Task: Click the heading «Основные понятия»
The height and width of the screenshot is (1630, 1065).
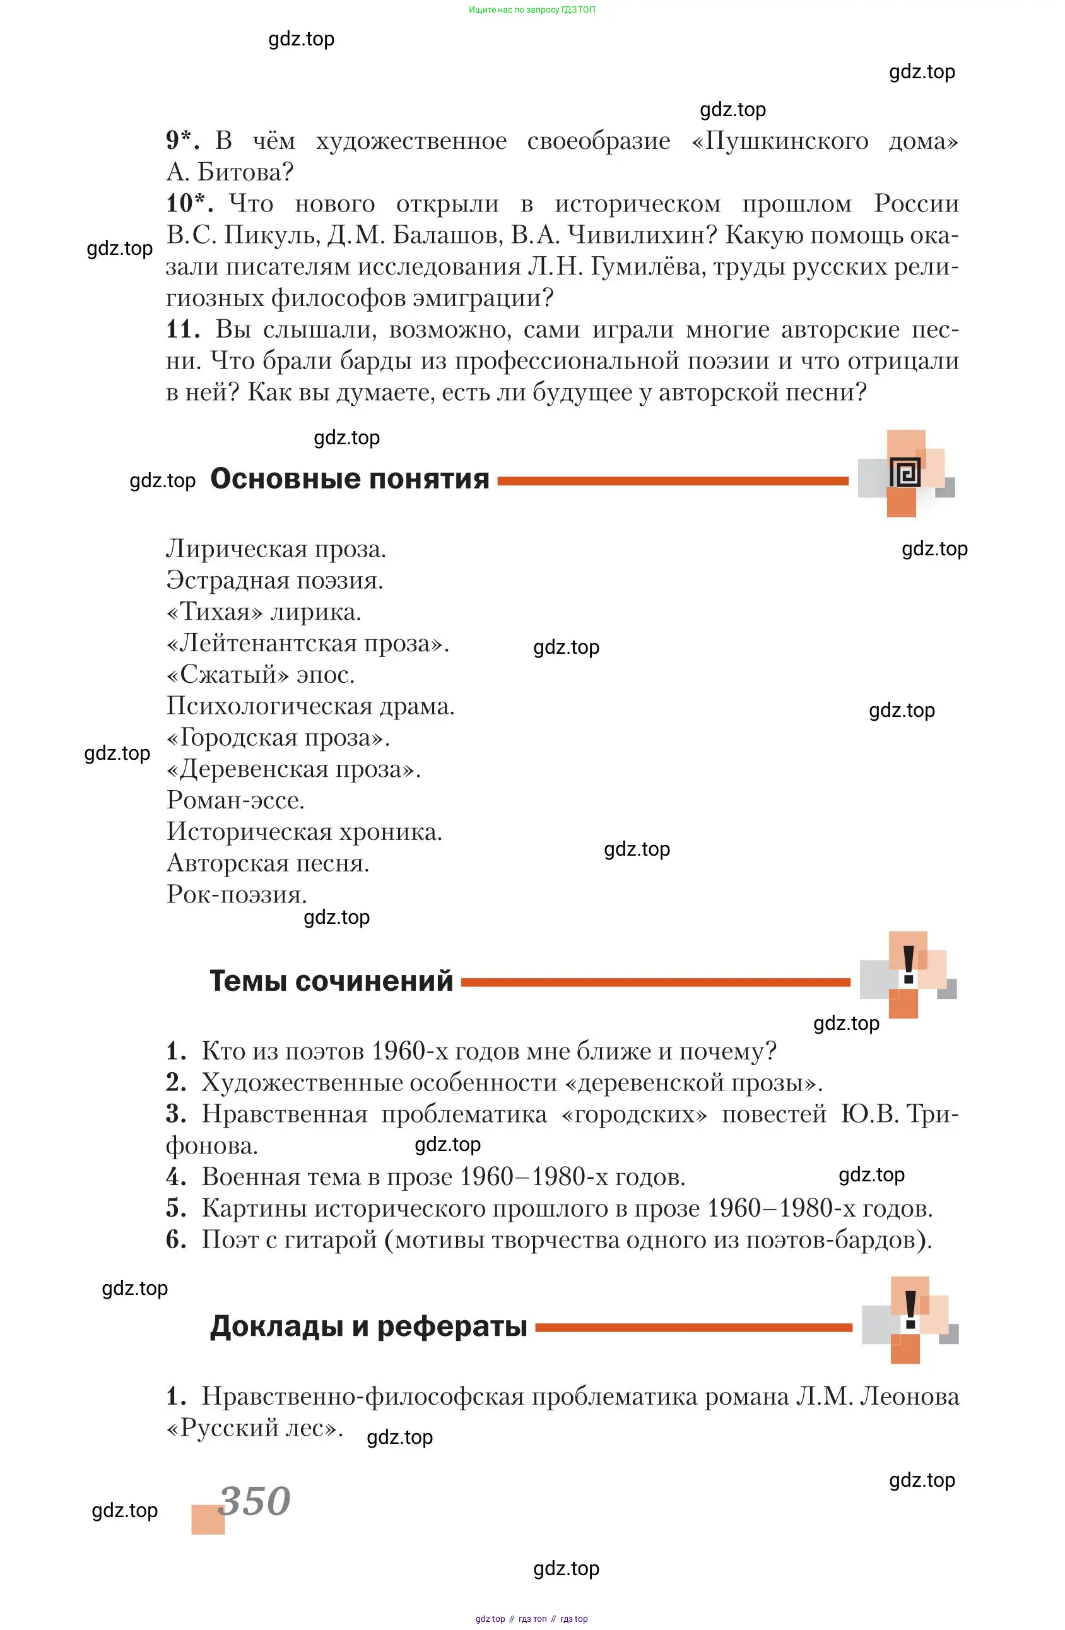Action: (350, 480)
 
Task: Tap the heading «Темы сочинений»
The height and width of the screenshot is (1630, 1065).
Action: (331, 981)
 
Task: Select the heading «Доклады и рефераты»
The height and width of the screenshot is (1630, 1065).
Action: (368, 1326)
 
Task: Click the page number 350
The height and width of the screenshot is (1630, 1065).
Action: (256, 1501)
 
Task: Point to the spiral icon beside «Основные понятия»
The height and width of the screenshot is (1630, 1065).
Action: (905, 473)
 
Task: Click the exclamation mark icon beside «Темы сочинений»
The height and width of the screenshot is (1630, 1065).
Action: (908, 966)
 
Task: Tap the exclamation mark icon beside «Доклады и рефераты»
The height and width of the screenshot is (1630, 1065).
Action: (910, 1311)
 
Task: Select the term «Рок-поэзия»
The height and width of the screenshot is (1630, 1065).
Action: (237, 894)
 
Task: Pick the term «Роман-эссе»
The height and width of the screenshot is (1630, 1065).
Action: (235, 800)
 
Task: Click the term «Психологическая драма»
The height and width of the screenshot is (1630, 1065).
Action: (310, 706)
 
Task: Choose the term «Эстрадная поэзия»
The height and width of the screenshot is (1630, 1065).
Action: (274, 581)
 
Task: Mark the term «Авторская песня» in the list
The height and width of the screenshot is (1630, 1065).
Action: (267, 863)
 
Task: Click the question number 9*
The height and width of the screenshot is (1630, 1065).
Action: (182, 140)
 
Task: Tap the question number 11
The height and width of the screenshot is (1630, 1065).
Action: (182, 329)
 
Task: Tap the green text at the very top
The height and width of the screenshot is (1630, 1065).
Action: (531, 9)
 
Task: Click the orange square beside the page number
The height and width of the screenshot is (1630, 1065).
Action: (208, 1519)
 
